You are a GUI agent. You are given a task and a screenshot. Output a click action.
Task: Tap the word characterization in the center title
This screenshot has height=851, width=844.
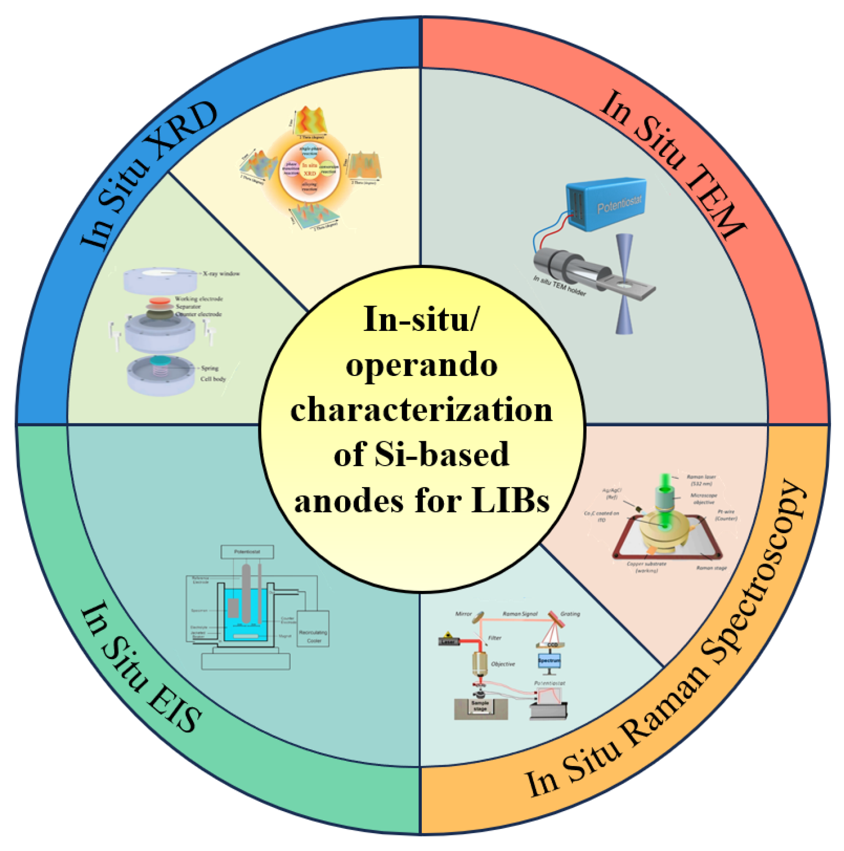(421, 410)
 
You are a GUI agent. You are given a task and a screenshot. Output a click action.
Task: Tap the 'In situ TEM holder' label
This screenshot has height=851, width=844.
(559, 286)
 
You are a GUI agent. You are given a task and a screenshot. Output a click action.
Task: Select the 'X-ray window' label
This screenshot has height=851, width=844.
(221, 273)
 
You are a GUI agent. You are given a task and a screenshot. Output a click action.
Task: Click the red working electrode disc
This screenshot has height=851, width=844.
(160, 300)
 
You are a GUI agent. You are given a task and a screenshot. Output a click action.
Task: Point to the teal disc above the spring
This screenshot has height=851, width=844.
(160, 360)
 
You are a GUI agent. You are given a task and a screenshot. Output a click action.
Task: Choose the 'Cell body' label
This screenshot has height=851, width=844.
(213, 379)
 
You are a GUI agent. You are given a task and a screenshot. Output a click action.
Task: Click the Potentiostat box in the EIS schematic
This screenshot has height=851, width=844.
(247, 552)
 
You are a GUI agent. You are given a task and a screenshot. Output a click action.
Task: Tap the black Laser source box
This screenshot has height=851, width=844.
(449, 642)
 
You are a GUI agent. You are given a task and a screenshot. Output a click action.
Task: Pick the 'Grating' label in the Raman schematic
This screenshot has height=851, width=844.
(570, 614)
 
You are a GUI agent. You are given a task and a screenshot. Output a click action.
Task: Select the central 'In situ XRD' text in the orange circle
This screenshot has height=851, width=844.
(310, 169)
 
